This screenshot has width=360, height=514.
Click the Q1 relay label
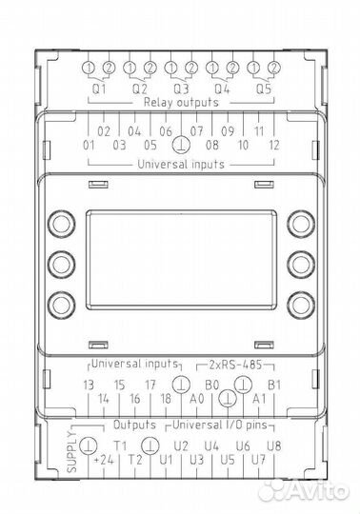point(99,87)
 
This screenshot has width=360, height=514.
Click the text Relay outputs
point(180,101)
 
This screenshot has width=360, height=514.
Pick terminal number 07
point(197,130)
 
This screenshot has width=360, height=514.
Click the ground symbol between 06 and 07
point(181,145)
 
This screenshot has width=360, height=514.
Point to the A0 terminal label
point(197,400)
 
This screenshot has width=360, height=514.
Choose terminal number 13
point(89,385)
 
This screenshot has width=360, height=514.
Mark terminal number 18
point(166,400)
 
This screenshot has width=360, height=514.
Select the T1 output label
point(119,445)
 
